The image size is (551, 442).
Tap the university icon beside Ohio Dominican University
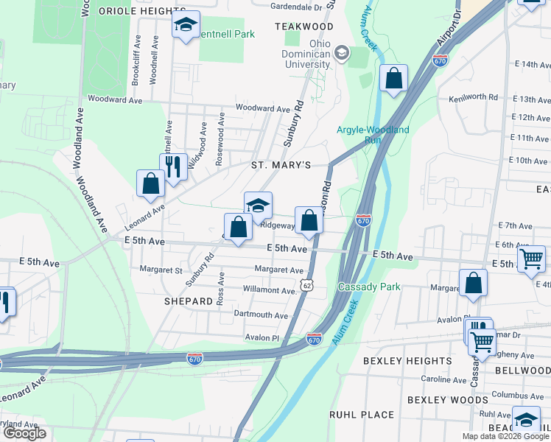click(x=342, y=52)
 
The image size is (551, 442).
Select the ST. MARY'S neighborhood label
click(x=281, y=165)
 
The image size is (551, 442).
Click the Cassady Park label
click(x=369, y=287)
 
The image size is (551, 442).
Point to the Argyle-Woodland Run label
click(x=373, y=135)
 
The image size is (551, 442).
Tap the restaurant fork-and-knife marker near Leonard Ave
click(x=173, y=166)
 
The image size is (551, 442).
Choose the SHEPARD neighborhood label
click(x=189, y=301)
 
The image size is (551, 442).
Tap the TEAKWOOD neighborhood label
click(x=304, y=27)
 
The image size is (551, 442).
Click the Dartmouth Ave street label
click(x=261, y=315)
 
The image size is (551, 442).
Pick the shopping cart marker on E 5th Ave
click(x=531, y=259)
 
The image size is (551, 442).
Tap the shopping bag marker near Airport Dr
click(x=394, y=77)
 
